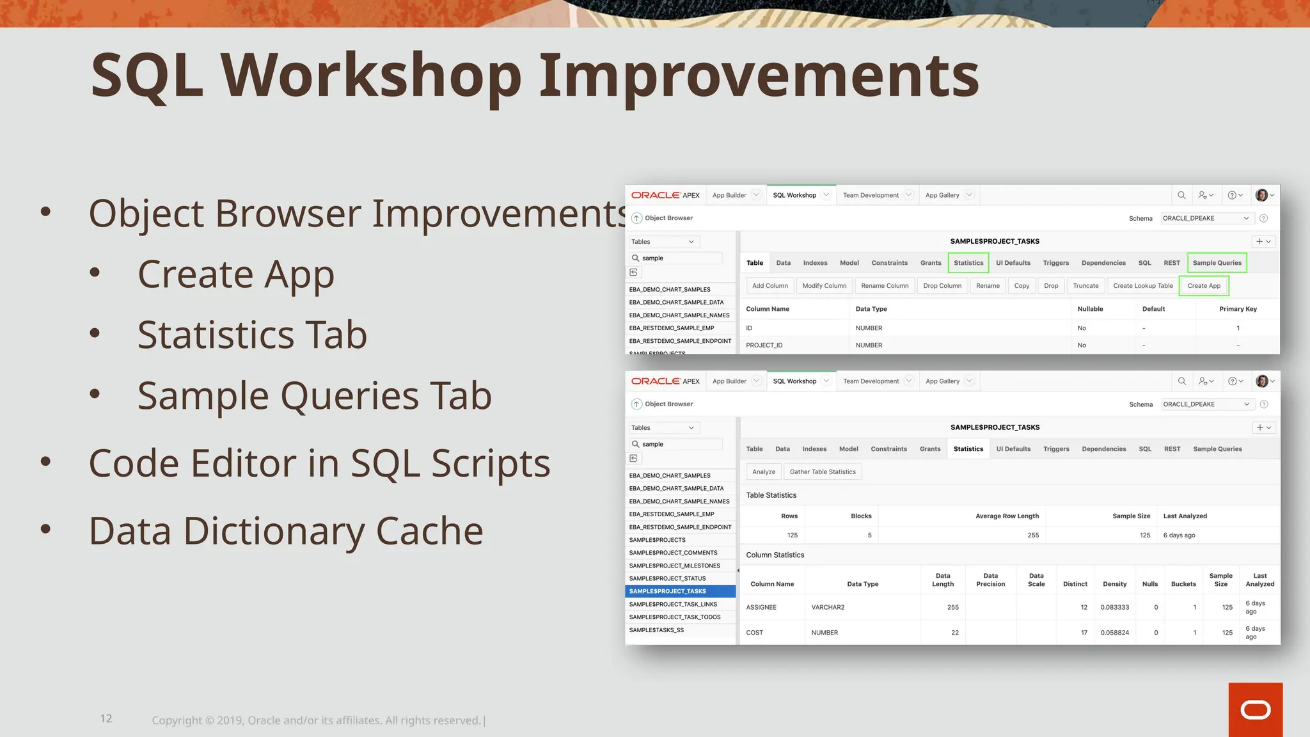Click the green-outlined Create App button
coord(1203,286)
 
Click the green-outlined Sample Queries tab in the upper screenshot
coord(1217,263)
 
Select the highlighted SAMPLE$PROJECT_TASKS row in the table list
coord(679,591)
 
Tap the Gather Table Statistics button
coord(822,472)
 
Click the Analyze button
coord(763,472)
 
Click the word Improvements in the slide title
coord(759,75)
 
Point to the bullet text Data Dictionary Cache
coord(286,531)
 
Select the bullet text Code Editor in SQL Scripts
coord(319,463)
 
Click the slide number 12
coord(106,718)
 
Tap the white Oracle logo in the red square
coord(1255,710)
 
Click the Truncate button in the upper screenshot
coord(1085,286)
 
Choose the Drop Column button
coord(942,286)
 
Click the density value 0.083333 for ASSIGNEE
coord(1114,607)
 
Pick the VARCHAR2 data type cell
coord(828,607)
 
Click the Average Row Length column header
coord(1007,516)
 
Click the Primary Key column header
coord(1237,309)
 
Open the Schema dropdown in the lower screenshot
coord(1206,404)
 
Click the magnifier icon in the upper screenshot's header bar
coord(1181,195)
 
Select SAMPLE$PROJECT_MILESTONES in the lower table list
coord(674,566)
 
